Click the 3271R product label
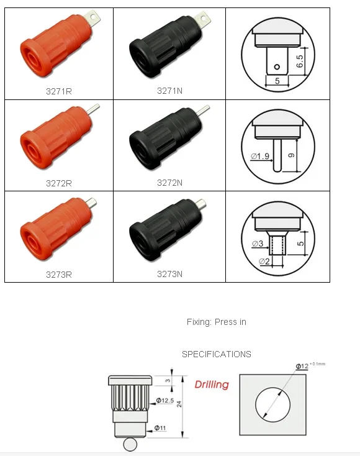click(59, 91)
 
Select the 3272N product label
click(169, 183)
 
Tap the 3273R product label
click(59, 275)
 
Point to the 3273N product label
click(169, 274)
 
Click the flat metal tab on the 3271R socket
click(92, 18)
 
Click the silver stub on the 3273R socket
click(91, 202)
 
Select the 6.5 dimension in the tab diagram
click(300, 62)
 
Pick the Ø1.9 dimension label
click(259, 157)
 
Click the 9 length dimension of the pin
click(291, 155)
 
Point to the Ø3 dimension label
click(258, 244)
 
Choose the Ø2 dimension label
click(264, 262)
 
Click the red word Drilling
click(212, 385)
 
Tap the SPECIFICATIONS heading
click(217, 354)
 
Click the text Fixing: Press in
click(217, 322)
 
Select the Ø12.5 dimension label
click(165, 401)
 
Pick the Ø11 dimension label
click(160, 428)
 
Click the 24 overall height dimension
click(179, 404)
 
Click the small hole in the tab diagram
click(277, 67)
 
